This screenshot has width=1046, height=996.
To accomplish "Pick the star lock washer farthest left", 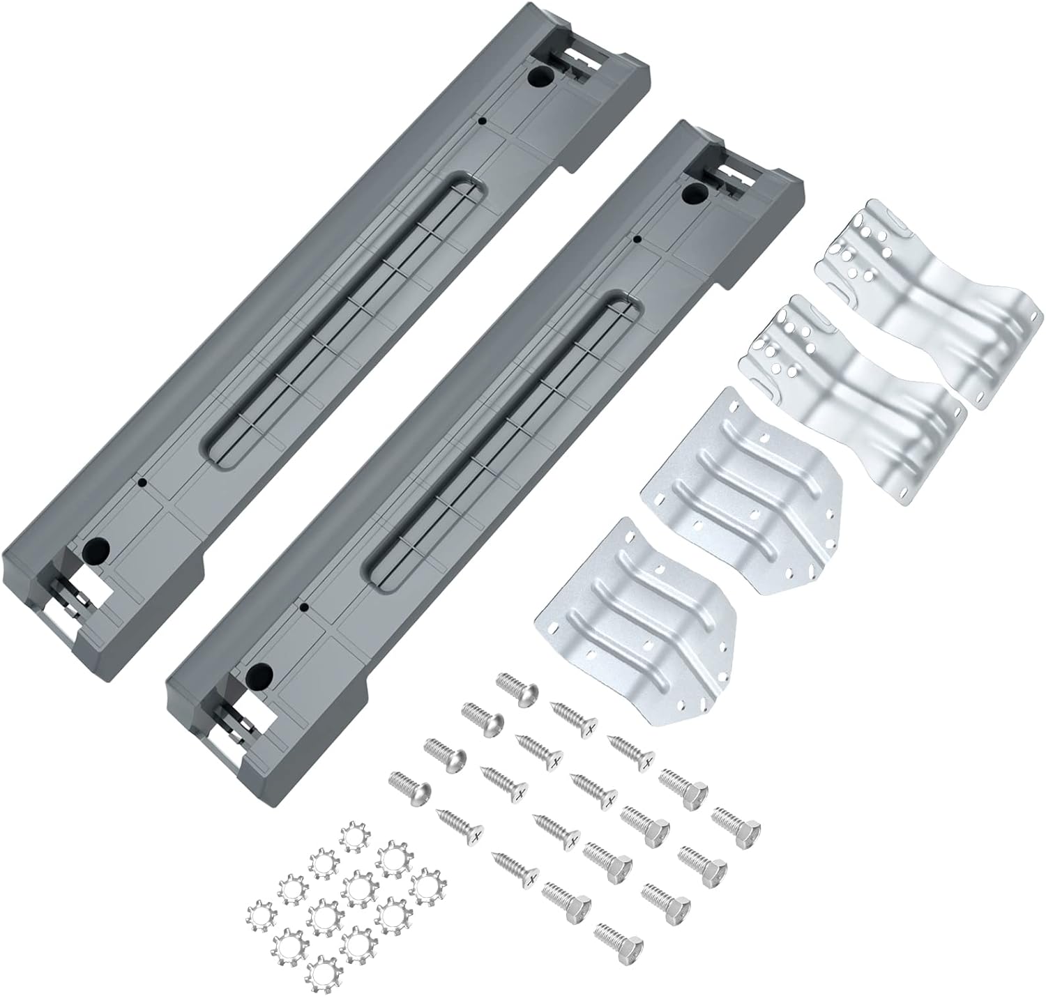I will [x=261, y=914].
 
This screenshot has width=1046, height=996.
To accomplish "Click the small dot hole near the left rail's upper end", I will [x=481, y=121].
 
